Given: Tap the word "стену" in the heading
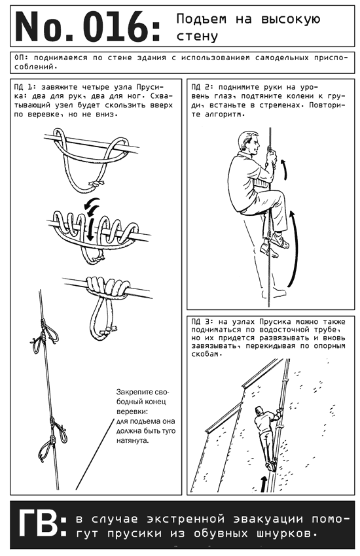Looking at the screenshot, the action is tap(197, 36).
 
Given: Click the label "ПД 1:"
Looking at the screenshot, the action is tap(25, 87).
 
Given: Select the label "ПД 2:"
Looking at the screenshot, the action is tap(202, 87).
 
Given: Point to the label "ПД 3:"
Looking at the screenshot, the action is tap(202, 322).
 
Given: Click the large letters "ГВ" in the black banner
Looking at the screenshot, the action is tap(37, 524).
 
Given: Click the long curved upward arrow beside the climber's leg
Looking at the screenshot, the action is tap(295, 248).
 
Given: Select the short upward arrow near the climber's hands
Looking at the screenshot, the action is tap(284, 170).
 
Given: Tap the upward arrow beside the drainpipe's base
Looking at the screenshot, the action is tap(264, 484).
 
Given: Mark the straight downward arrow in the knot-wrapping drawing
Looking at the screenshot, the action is tap(91, 230).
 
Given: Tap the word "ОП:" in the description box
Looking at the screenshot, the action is tap(22, 58).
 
